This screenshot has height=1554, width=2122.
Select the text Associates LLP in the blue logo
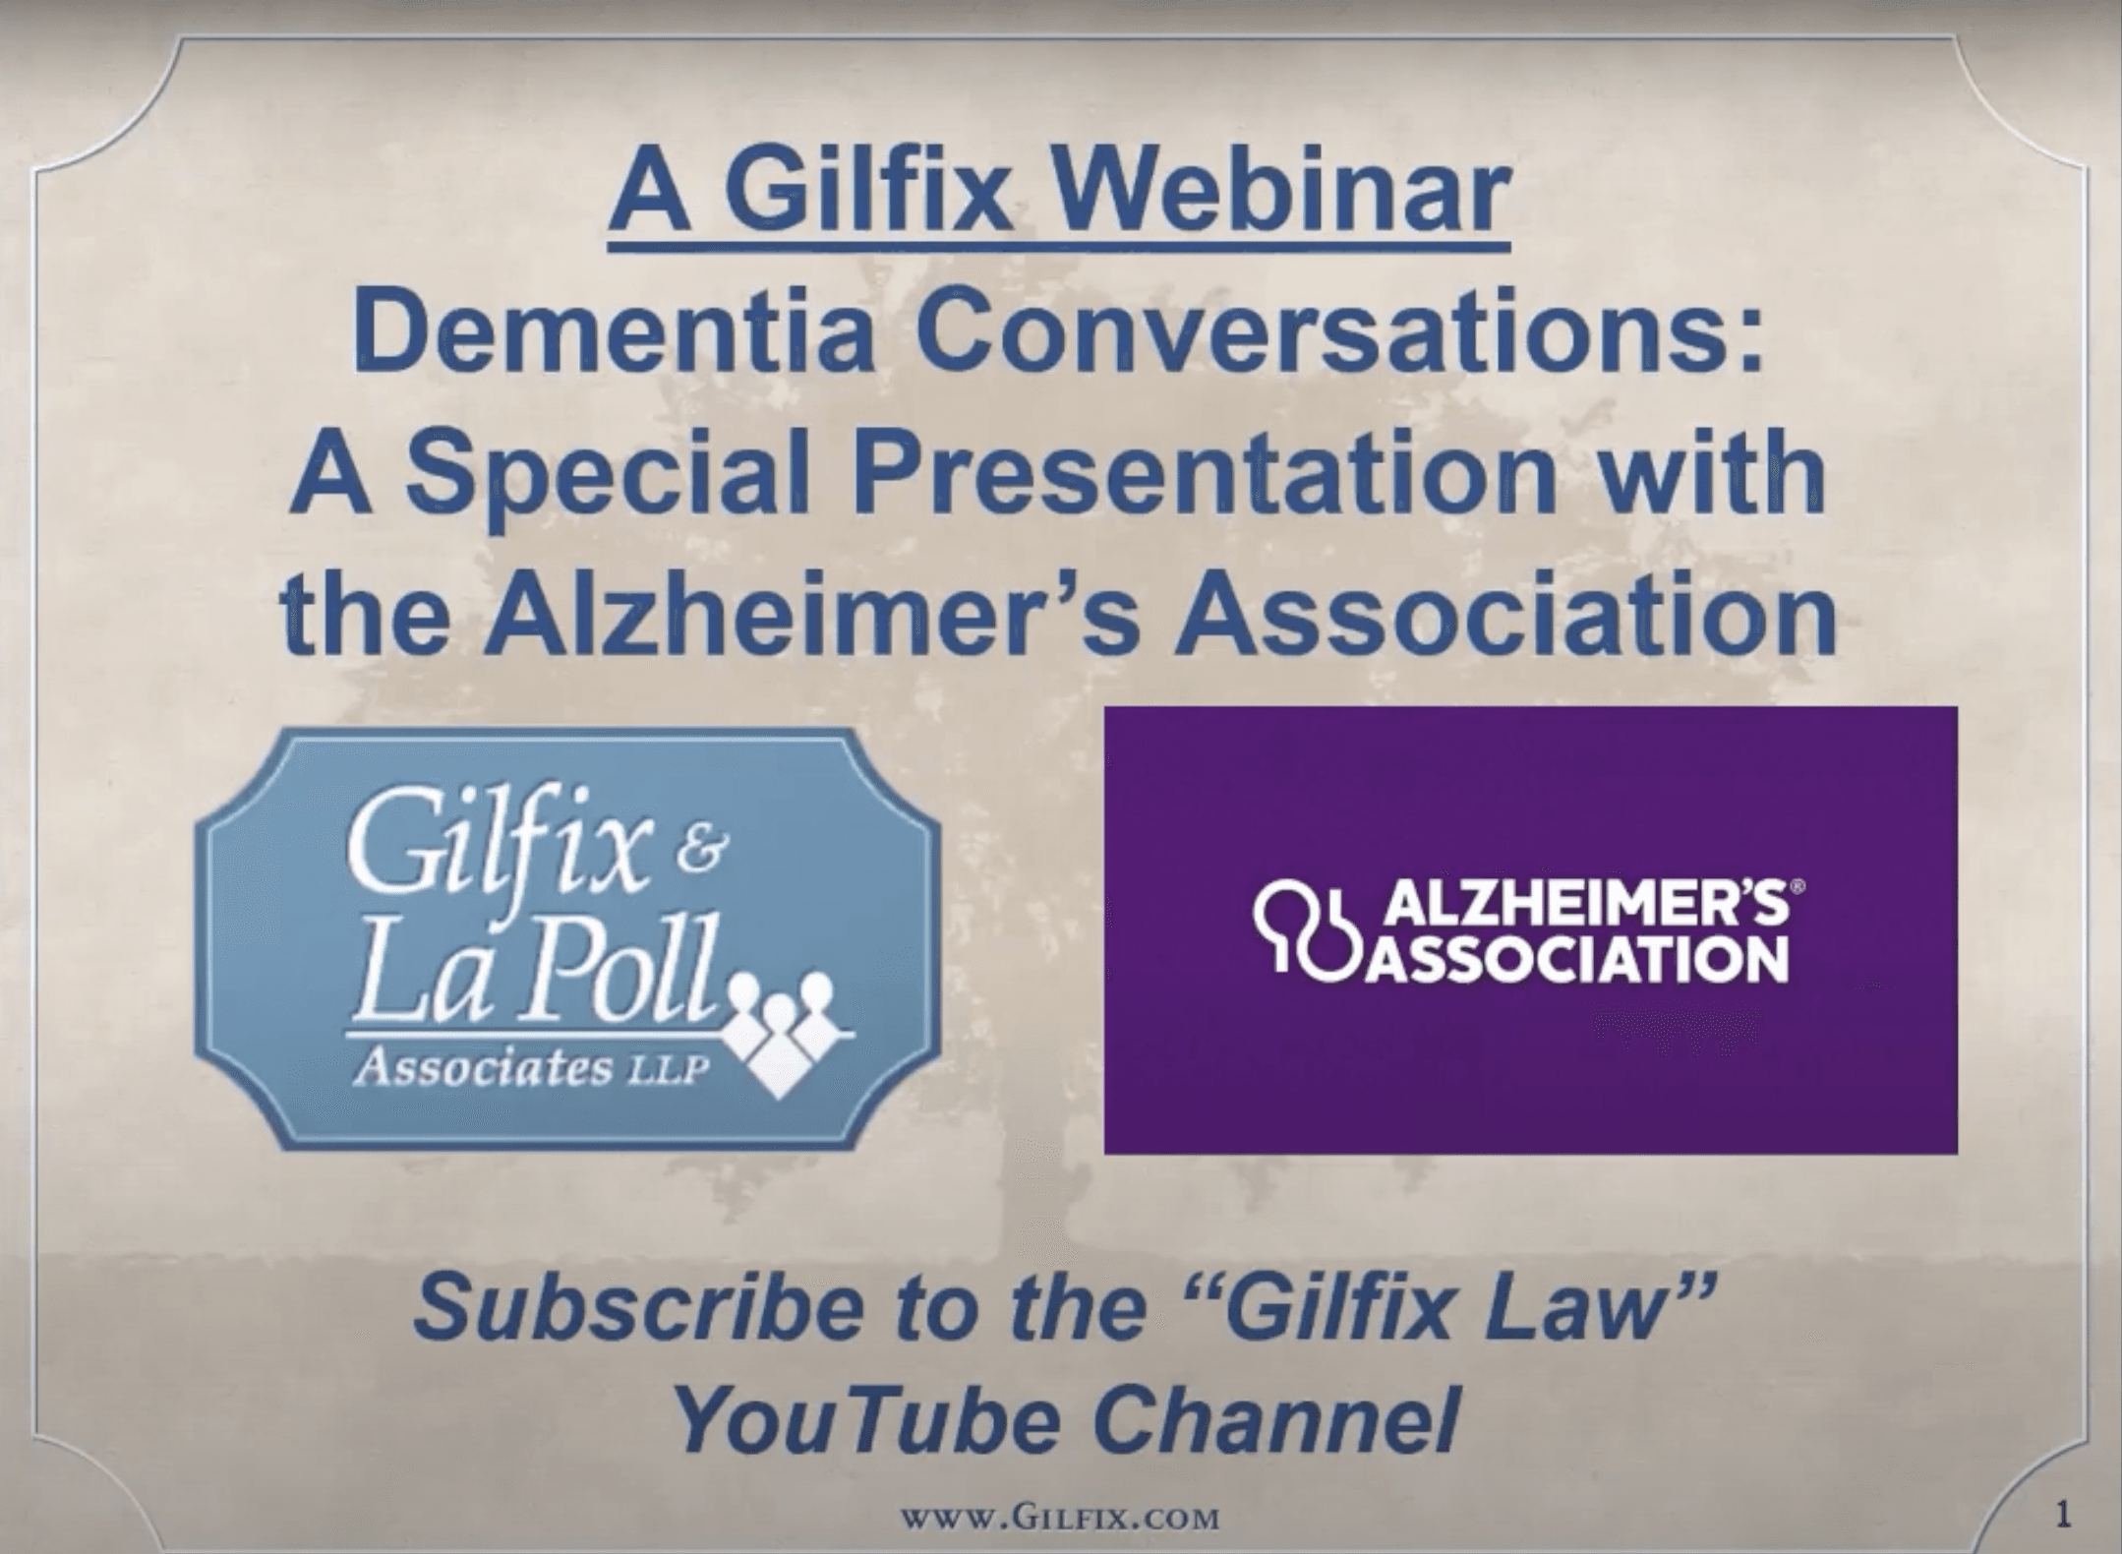pyautogui.click(x=531, y=1068)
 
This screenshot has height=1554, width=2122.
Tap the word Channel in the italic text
pyautogui.click(x=1274, y=1419)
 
